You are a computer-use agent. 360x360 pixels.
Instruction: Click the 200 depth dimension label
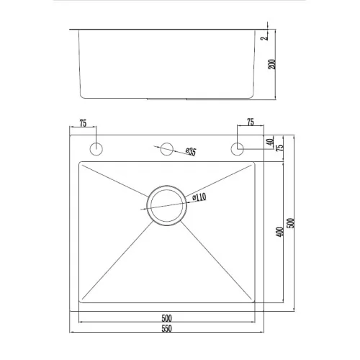coord(271,64)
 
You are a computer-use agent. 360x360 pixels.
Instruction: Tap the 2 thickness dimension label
coord(264,38)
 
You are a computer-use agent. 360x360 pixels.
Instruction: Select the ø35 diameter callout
coord(191,151)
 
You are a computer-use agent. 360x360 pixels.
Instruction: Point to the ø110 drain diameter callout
coord(199,197)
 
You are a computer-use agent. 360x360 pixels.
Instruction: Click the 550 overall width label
coord(167,328)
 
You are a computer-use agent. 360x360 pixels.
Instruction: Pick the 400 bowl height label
coord(279,232)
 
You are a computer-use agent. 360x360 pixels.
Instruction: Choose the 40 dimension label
coord(270,142)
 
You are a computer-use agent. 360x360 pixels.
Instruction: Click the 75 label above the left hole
coord(83,123)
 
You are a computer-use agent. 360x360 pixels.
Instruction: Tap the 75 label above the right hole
coord(251,122)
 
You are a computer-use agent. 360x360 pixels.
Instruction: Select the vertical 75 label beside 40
coord(279,147)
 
